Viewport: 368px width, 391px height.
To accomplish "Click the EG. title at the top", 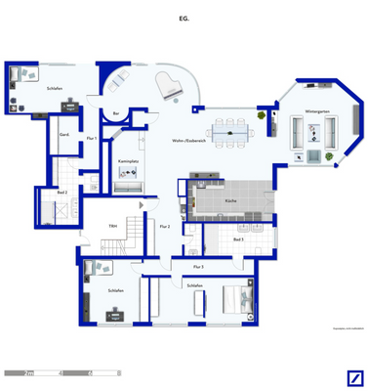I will point(184,18).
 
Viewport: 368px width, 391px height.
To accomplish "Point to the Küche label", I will point(229,199).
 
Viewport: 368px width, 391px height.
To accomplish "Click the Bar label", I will point(117,114).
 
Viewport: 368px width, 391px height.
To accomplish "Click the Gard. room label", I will point(64,134).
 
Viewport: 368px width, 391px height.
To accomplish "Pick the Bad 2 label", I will point(61,193).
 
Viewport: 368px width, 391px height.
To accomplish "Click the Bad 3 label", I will point(237,239).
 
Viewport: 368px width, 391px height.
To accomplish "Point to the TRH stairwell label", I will point(114,226).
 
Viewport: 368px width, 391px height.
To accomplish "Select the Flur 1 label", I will point(91,140).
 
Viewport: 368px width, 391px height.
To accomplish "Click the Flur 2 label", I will point(164,227).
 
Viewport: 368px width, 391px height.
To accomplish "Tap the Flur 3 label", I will point(198,266).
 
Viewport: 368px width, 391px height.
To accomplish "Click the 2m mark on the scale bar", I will point(30,372).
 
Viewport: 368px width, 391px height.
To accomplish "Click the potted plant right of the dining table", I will point(262,115).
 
